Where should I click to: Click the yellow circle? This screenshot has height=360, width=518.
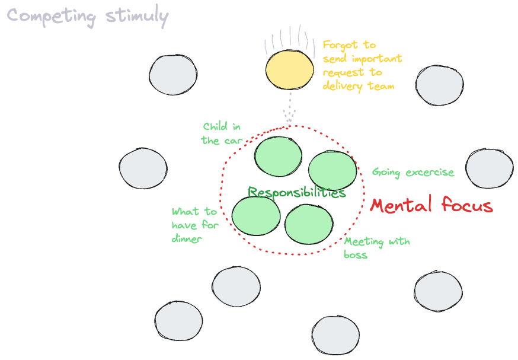[x=289, y=70]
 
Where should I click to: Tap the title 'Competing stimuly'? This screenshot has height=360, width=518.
[x=87, y=16]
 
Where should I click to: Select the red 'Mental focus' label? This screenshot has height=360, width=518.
[x=431, y=206]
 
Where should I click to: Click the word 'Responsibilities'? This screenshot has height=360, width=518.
[x=296, y=192]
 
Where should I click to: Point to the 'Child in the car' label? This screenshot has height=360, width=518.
[x=222, y=133]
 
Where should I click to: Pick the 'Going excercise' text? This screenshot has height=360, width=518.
[x=413, y=173]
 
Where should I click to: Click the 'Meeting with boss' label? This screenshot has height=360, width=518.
[x=376, y=248]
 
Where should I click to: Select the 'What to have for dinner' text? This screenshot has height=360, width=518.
[x=195, y=225]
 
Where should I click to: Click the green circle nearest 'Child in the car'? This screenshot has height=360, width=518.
[x=279, y=157]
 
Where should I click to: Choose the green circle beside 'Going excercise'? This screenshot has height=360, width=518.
[x=332, y=170]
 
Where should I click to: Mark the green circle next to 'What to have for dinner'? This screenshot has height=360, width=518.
[x=255, y=215]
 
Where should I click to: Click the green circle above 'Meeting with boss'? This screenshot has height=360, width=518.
[x=309, y=224]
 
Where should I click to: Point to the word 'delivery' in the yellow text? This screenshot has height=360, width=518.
[x=342, y=86]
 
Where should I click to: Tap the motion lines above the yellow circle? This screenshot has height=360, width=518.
[x=289, y=38]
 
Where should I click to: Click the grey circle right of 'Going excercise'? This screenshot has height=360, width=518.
[x=489, y=168]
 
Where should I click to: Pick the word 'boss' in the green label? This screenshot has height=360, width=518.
[x=356, y=254]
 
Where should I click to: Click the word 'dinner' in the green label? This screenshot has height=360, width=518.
[x=187, y=239]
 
